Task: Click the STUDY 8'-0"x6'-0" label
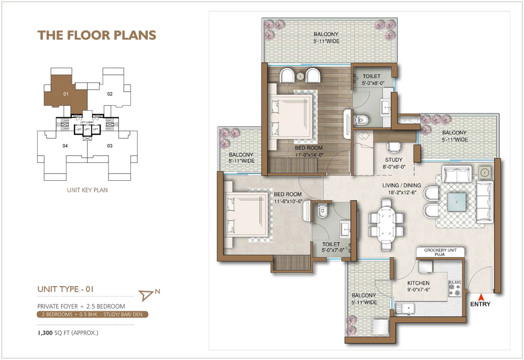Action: click(394, 163)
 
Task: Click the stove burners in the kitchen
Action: click(453, 288)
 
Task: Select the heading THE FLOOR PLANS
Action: click(97, 35)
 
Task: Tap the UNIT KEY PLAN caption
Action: click(88, 190)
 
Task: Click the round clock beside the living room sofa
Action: click(485, 172)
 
